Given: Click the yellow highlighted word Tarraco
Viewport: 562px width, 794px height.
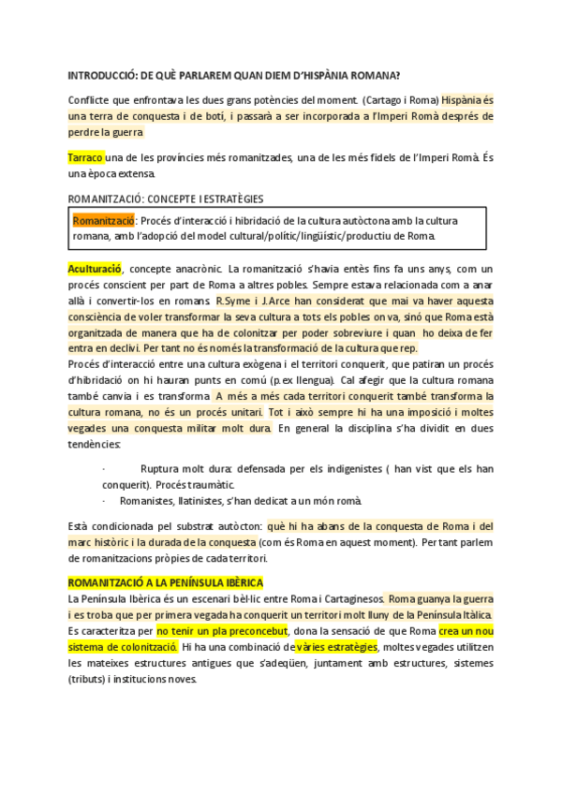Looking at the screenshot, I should (85, 157).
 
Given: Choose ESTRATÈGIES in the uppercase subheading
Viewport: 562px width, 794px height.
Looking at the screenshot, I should (227, 198).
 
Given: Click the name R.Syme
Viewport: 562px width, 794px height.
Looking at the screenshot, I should (232, 301).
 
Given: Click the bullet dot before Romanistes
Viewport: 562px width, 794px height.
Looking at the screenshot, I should (103, 501).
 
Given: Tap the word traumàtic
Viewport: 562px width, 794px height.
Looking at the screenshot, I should (242, 484).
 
